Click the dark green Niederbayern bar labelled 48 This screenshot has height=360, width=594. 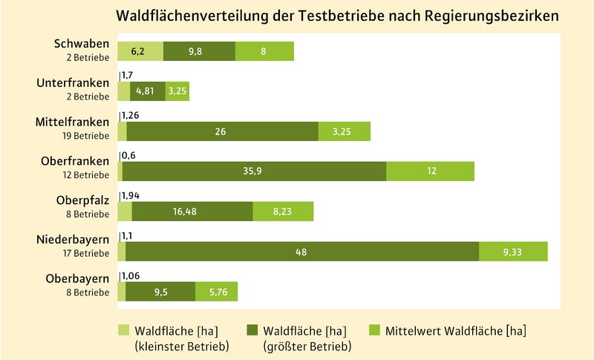coord(302,252)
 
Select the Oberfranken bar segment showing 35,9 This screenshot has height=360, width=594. coord(254,171)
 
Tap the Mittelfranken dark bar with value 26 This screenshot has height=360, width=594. coord(222,131)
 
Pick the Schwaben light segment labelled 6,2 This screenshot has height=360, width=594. coord(140,51)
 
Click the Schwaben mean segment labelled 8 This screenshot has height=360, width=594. coord(264,51)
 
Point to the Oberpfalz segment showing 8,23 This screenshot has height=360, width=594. coord(283,212)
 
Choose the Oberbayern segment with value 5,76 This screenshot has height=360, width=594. coord(216,292)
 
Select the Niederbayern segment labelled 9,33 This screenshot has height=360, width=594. coord(513,252)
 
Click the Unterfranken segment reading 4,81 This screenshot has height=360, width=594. coord(147,91)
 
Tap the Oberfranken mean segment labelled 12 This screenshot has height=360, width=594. coord(430,171)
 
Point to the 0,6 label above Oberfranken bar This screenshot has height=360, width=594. coord(128,155)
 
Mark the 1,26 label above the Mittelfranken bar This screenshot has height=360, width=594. coord(131,115)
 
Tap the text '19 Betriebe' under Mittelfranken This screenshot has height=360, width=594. coord(88,135)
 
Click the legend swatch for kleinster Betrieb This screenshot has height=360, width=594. coord(124,329)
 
